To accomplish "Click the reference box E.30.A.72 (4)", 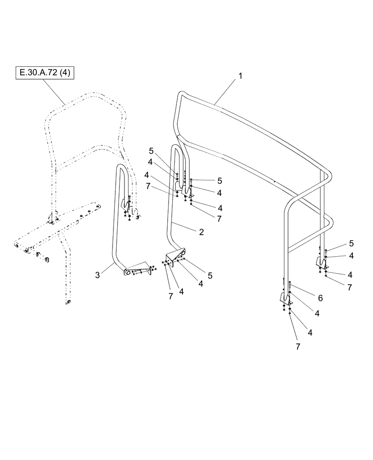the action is coord(45,72).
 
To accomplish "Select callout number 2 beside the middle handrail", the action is coord(201,233).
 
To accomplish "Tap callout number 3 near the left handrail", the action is coord(97,275).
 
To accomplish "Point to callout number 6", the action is coord(320,299).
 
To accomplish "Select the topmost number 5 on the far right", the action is coord(351,243).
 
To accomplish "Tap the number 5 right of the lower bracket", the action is coord(209,276).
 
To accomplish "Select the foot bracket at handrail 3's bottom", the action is coord(137,269).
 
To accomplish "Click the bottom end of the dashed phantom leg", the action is coord(68,302).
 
